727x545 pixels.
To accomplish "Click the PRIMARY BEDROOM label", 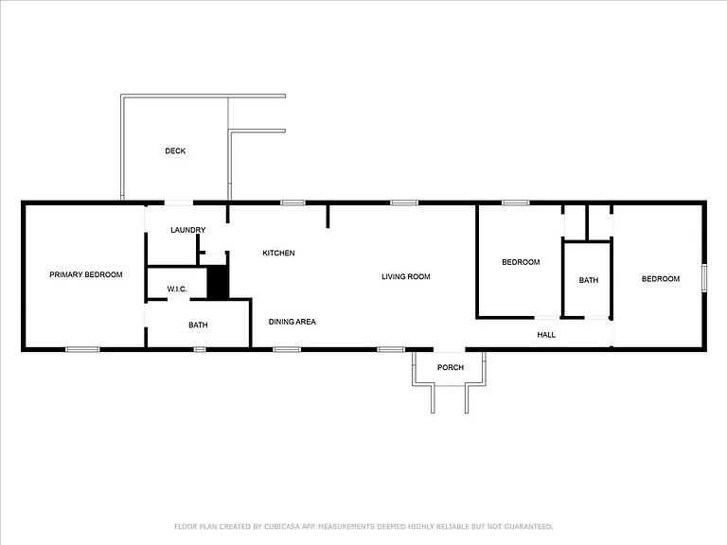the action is [x=86, y=274].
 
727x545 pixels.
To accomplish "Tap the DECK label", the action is [x=175, y=150].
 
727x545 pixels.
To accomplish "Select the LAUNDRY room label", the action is [x=187, y=230].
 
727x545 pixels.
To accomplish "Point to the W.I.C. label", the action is [x=177, y=290].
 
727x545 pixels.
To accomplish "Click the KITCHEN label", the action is [x=278, y=253].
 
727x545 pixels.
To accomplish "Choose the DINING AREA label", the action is [x=293, y=322].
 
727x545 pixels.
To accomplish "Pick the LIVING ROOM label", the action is [x=406, y=276].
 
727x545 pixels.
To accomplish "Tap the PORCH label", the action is [x=451, y=367].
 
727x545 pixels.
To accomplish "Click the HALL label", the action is [x=546, y=335].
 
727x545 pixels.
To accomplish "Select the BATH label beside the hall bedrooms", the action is [x=589, y=280].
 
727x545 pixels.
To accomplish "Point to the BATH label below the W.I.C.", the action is [x=198, y=325].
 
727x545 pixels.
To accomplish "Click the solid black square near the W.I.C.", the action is [x=218, y=282].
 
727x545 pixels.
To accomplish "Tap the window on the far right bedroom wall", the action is [x=704, y=277].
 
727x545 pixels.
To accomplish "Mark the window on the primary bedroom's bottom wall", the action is [x=82, y=349].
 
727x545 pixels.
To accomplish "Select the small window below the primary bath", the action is [x=200, y=349].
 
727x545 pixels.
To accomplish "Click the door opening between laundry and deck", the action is [x=179, y=202].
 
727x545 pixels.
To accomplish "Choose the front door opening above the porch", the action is [x=450, y=349].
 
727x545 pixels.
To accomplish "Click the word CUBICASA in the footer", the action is [x=283, y=526].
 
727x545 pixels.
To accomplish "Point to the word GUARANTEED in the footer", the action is [x=528, y=526].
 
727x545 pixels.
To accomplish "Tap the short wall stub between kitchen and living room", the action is [x=328, y=217].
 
